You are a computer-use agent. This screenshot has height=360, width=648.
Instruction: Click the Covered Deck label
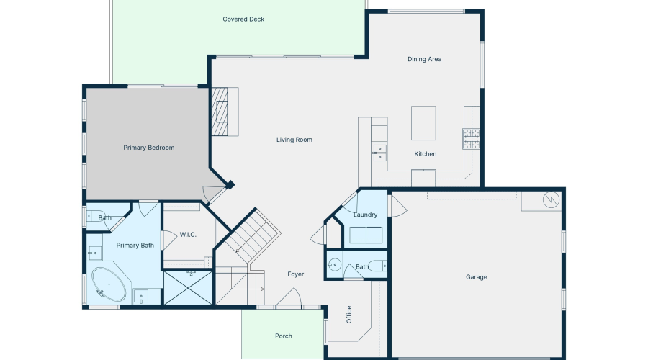pos(243,19)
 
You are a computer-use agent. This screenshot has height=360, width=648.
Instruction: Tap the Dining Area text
pos(424,59)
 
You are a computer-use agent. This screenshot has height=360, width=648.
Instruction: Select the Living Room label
pos(294,140)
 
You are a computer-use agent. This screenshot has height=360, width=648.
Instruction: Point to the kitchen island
pos(424,123)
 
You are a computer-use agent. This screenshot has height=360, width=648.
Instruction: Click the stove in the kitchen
pos(472,138)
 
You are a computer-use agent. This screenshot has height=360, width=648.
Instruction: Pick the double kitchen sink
pos(379,152)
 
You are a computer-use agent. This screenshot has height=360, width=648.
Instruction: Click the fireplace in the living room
pos(224,111)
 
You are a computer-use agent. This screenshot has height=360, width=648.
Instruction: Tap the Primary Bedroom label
pos(149,148)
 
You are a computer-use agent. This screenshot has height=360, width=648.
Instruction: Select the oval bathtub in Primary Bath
pos(108,286)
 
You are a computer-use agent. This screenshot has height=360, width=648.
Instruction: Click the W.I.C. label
pos(188,235)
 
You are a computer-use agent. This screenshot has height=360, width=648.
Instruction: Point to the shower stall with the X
pos(189,288)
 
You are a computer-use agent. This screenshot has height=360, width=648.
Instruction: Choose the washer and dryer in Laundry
pos(365,235)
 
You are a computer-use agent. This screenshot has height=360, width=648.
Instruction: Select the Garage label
pos(477,277)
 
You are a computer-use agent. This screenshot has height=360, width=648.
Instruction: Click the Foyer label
pos(295,274)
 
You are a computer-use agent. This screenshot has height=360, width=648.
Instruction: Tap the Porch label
pos(284,336)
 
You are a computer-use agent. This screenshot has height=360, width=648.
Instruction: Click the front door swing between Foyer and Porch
pos(289,298)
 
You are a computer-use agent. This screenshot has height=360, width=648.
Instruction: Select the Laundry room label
pos(366,215)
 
